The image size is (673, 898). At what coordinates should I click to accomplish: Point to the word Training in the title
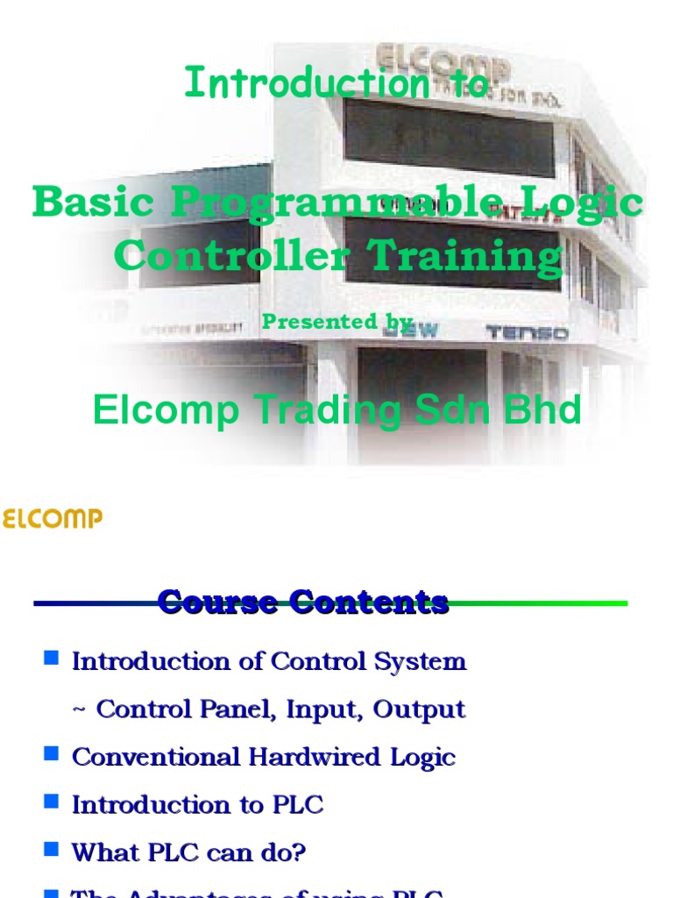[x=464, y=257]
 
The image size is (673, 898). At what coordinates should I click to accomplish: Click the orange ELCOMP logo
[x=52, y=519]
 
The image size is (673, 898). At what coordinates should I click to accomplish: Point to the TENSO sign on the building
[x=526, y=332]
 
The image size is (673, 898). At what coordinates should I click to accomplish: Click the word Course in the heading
[x=218, y=602]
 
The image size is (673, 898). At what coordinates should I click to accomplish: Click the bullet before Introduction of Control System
[x=51, y=658]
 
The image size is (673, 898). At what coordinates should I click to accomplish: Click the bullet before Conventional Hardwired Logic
[x=51, y=753]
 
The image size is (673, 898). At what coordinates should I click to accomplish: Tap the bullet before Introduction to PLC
[x=51, y=801]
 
